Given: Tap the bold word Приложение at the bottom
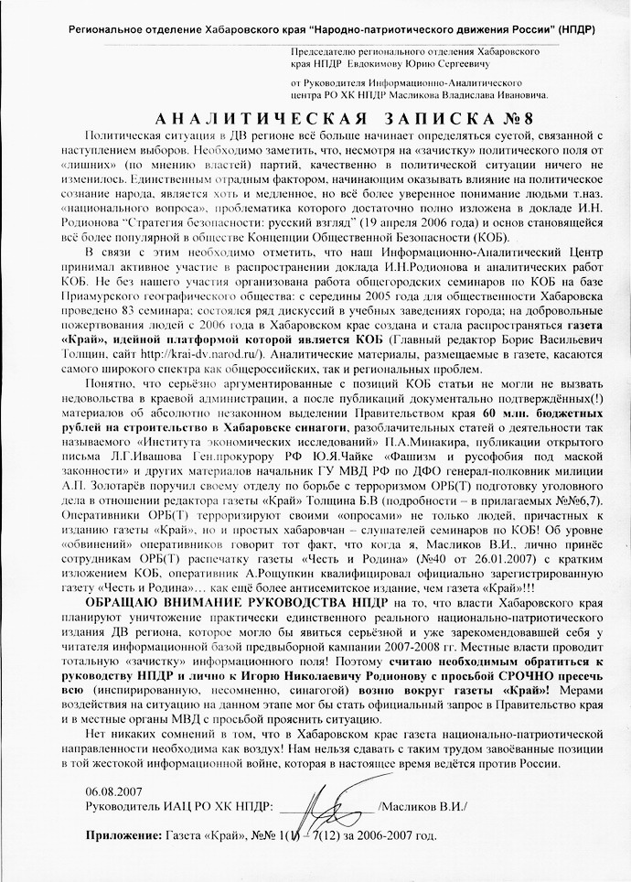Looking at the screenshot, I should [x=122, y=835].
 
